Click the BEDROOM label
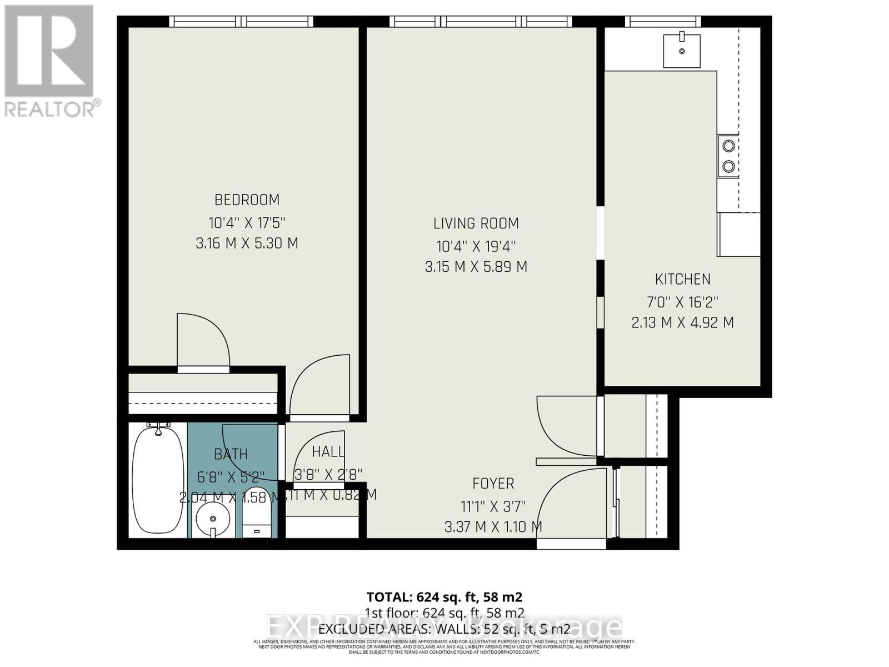pos(247,200)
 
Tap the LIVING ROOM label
pos(476,223)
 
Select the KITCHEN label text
pos(682,279)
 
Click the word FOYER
pos(493,484)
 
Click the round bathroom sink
pos(213,519)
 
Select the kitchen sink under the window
pos(682,50)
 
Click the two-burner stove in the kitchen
pos(728,156)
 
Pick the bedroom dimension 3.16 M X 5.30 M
pos(247,243)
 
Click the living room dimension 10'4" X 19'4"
pos(476,246)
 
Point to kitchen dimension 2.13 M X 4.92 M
pos(682,322)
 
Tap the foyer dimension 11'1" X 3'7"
pos(493,506)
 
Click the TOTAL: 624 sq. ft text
pos(444,597)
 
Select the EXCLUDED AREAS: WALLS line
pos(444,629)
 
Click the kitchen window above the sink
pos(662,22)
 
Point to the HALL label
pos(327,451)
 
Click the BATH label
pos(231,454)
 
